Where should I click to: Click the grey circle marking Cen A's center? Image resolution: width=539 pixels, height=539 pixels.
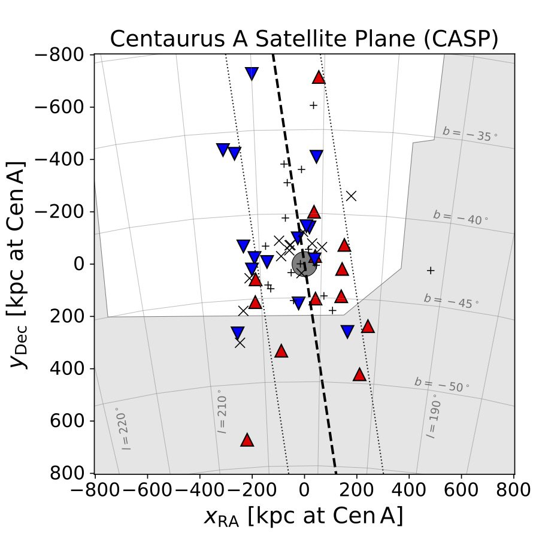pyautogui.click(x=304, y=264)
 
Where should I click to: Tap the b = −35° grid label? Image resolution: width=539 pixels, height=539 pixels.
pyautogui.click(x=470, y=134)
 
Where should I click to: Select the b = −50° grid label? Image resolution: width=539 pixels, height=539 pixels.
pyautogui.click(x=442, y=385)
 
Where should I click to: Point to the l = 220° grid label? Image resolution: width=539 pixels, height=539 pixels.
pyautogui.click(x=125, y=429)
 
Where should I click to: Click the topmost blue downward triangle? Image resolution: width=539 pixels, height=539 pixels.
pyautogui.click(x=252, y=74)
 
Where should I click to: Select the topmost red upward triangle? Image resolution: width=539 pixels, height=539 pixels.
pyautogui.click(x=319, y=77)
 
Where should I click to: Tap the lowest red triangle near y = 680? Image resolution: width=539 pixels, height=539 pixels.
pyautogui.click(x=247, y=440)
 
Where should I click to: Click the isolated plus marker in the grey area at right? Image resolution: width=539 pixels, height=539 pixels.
pyautogui.click(x=430, y=271)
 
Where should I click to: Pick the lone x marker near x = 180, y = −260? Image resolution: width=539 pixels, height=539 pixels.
pyautogui.click(x=352, y=195)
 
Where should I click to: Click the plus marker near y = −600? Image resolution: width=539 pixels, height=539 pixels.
pyautogui.click(x=313, y=105)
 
